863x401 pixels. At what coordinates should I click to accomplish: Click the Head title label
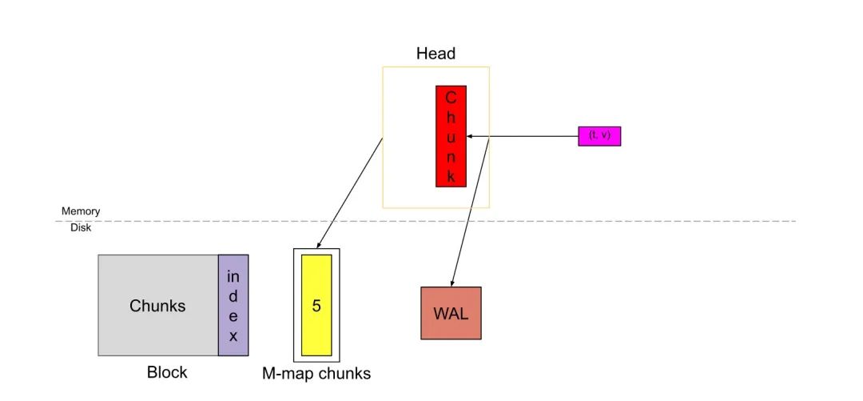[x=435, y=54]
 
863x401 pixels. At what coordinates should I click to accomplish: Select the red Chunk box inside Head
[x=451, y=136]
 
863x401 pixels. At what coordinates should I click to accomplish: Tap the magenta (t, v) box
[x=599, y=136]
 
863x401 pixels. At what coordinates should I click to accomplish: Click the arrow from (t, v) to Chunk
[x=527, y=136]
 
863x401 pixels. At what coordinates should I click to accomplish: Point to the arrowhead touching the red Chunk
[x=470, y=136]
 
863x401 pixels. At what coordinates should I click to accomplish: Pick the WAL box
[x=451, y=313]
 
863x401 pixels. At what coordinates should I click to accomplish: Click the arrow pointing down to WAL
[x=471, y=208]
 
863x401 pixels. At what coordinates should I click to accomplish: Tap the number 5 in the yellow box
[x=316, y=305]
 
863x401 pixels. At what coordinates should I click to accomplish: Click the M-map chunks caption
[x=316, y=373]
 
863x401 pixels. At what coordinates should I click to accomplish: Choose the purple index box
[x=233, y=305]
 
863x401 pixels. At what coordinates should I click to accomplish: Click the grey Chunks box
[x=158, y=305]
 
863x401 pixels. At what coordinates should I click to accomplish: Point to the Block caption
[x=167, y=372]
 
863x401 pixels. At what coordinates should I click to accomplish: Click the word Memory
[x=81, y=211]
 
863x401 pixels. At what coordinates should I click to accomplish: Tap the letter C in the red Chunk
[x=451, y=98]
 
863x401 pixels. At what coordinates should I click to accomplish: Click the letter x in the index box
[x=233, y=337]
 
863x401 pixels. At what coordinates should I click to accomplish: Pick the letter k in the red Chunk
[x=451, y=177]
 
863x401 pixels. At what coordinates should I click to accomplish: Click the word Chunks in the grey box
[x=157, y=306]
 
